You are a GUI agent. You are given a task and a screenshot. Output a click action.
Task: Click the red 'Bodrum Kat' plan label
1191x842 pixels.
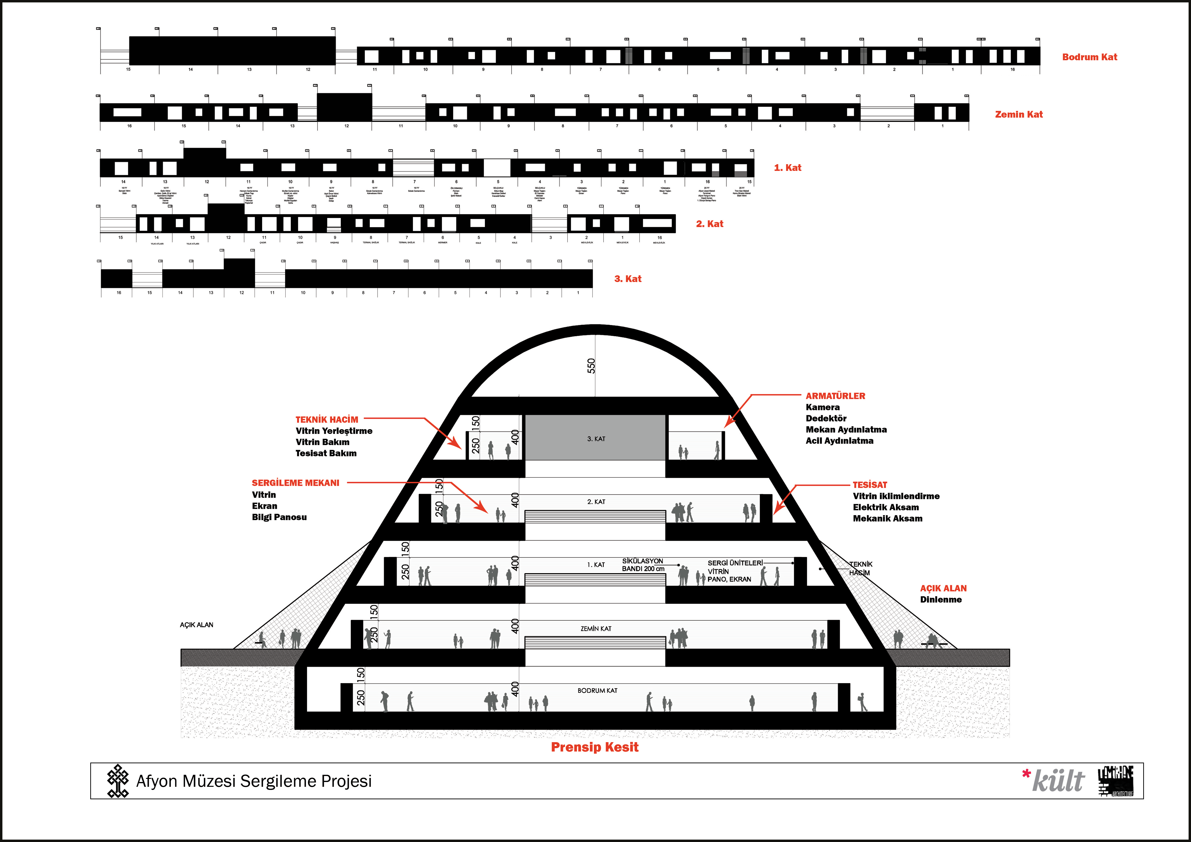[1089, 57]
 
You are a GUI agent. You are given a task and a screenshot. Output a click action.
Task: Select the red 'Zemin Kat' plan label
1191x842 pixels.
[1018, 114]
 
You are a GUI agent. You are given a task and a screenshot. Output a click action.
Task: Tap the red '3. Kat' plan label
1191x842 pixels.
[628, 279]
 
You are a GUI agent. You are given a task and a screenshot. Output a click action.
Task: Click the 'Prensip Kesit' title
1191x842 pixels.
[594, 747]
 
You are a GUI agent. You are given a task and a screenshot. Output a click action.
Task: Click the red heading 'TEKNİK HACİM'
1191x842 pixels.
[327, 420]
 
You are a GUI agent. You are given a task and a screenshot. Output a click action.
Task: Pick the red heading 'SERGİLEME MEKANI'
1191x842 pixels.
[295, 483]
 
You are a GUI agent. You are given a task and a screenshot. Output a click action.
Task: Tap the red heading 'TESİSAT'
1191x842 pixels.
[870, 485]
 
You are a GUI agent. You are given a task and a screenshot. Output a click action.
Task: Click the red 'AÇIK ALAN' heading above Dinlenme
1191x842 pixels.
[943, 589]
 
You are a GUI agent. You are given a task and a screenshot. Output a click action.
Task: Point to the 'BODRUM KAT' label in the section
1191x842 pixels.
[597, 691]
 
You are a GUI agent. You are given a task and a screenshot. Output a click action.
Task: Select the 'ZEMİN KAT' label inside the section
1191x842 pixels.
[595, 628]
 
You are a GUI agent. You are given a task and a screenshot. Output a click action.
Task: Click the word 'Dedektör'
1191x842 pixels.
[826, 418]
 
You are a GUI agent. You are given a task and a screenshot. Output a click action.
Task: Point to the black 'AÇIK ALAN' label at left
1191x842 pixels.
[197, 625]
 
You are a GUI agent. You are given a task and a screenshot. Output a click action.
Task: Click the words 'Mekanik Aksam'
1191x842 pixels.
[888, 518]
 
